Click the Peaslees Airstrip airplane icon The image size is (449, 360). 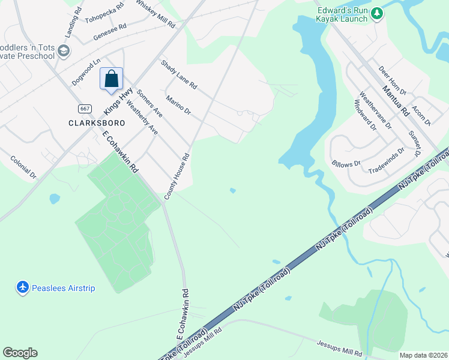23,288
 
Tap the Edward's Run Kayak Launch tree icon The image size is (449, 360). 376,13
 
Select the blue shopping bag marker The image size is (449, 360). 112,79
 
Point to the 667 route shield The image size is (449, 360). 84,108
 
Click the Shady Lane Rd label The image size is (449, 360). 178,74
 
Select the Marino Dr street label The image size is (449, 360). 178,106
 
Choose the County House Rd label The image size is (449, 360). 178,176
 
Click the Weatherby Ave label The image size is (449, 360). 142,117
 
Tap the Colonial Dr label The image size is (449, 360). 23,167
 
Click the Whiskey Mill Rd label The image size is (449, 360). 155,14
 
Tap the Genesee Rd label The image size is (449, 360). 110,32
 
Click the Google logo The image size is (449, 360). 20,353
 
